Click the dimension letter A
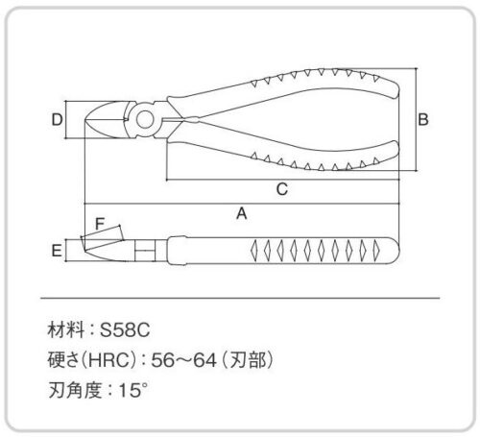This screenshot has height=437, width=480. click(242, 213)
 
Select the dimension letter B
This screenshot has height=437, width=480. click(423, 119)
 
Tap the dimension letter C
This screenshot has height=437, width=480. click(282, 189)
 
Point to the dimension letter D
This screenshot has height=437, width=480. click(58, 119)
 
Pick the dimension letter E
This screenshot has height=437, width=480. click(57, 251)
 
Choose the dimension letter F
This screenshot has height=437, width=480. click(100, 224)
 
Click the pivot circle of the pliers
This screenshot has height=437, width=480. click(145, 119)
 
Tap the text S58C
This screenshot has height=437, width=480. click(125, 329)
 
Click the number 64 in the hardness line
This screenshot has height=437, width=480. click(204, 360)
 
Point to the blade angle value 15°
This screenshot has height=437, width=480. click(133, 390)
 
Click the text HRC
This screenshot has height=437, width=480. click(108, 360)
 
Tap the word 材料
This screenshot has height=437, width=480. click(66, 329)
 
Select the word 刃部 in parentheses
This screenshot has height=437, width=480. click(248, 360)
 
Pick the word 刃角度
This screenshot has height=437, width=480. click(75, 390)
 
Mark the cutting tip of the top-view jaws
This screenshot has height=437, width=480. click(85, 120)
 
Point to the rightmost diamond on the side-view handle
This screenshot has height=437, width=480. click(376, 251)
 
